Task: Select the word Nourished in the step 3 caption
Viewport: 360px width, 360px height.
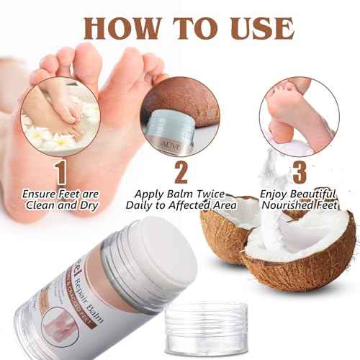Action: (x=284, y=206)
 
